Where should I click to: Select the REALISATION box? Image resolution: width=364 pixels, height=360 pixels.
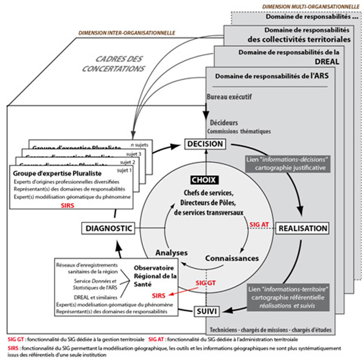click(x=302, y=228)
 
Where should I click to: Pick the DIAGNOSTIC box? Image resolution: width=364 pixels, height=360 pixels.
click(x=109, y=228)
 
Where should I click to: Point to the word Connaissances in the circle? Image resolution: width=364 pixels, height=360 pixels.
click(x=232, y=258)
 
